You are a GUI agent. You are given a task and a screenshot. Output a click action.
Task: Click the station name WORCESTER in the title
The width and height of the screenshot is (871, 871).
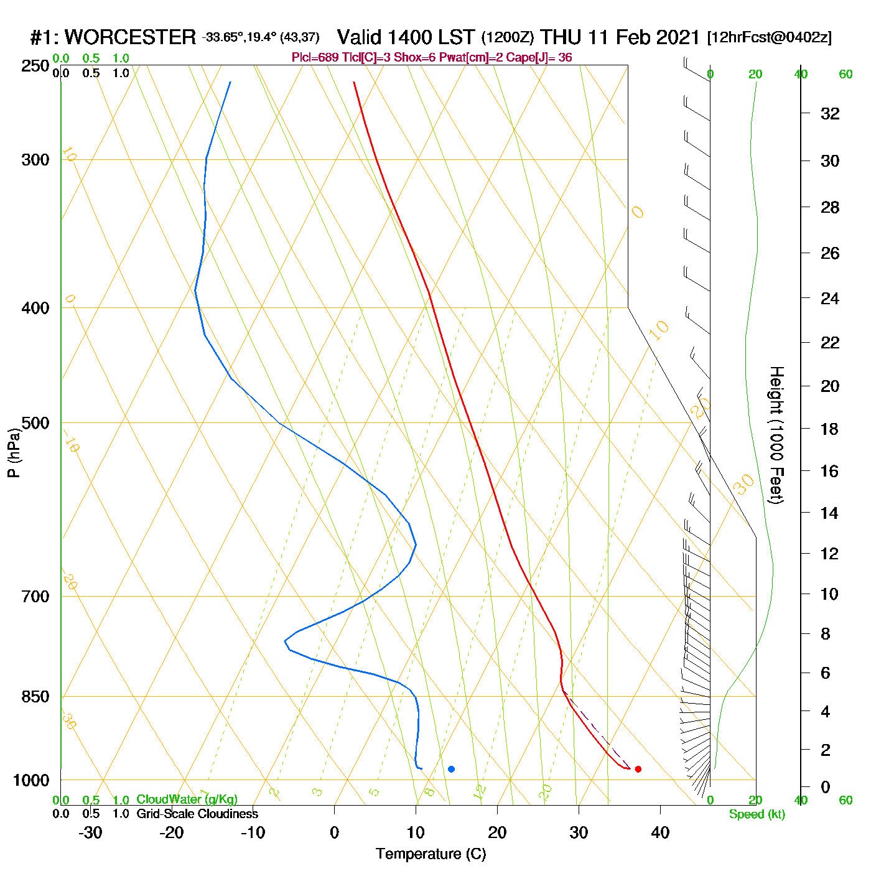pyautogui.click(x=130, y=37)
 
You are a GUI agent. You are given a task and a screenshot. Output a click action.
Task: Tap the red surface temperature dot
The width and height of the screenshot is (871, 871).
pyautogui.click(x=638, y=769)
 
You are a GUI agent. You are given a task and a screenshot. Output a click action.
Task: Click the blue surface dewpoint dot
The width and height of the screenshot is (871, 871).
pyautogui.click(x=451, y=769)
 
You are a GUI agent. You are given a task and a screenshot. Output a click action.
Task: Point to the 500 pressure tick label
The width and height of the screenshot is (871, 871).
pyautogui.click(x=35, y=423)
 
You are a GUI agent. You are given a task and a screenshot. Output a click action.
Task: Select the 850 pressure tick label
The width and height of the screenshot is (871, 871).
pyautogui.click(x=35, y=697)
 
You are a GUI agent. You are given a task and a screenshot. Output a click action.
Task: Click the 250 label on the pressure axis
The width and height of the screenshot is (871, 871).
pyautogui.click(x=35, y=66)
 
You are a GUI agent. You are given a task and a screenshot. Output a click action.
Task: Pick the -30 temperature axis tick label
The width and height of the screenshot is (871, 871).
pyautogui.click(x=90, y=832)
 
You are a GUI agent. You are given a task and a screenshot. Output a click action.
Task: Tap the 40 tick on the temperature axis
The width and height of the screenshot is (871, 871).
pyautogui.click(x=660, y=832)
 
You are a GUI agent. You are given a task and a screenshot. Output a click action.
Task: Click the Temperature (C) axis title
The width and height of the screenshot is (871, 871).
pyautogui.click(x=431, y=854)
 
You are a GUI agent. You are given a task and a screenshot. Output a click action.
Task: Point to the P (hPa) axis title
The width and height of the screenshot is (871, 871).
pyautogui.click(x=14, y=453)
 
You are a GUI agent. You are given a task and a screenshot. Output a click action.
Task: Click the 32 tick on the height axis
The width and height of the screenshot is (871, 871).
pyautogui.click(x=830, y=113)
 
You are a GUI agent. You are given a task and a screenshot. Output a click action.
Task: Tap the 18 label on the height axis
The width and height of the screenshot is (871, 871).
pyautogui.click(x=830, y=429)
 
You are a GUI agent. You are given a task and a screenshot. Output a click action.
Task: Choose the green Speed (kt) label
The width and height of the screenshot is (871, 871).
pyautogui.click(x=757, y=814)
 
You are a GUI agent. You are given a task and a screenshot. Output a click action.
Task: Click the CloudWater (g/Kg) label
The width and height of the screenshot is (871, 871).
pyautogui.click(x=187, y=799)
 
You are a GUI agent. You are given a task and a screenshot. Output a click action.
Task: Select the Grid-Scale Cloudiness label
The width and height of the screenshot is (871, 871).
pyautogui.click(x=197, y=814)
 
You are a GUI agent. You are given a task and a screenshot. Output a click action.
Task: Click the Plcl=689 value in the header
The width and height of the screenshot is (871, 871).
pyautogui.click(x=315, y=58)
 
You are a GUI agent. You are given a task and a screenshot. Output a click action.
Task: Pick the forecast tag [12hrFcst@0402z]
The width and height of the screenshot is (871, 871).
pyautogui.click(x=769, y=37)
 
